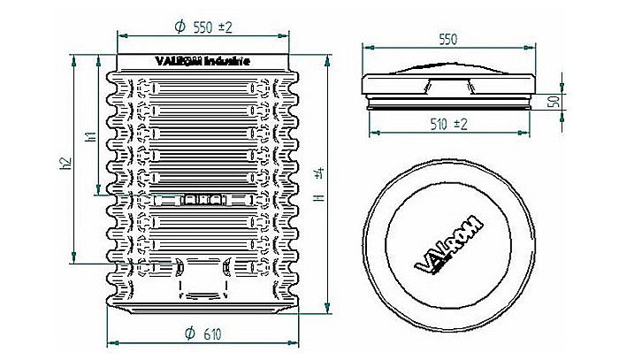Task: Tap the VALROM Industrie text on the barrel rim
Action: pos(203,62)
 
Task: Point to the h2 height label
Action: pos(65,164)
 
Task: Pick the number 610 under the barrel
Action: pos(211,333)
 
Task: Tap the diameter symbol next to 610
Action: pos(189,333)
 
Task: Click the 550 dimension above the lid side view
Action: pos(449,40)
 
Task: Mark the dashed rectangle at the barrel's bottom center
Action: pos(203,281)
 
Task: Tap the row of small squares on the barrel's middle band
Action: pos(203,201)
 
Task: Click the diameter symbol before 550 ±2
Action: pos(179,27)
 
